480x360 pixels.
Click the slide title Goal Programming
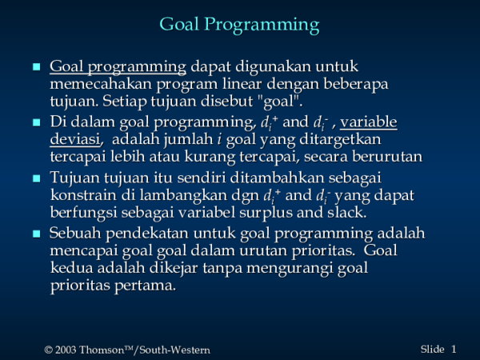coord(239,24)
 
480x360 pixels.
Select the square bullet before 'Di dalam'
coord(34,123)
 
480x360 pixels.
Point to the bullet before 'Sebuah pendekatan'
coord(34,234)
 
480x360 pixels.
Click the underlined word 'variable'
coord(373,122)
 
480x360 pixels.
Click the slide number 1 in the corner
coord(454,349)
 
